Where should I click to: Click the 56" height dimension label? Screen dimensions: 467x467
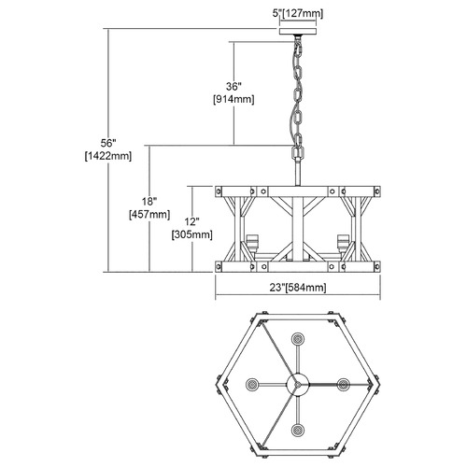point(108,143)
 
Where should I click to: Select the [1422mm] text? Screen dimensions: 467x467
point(108,156)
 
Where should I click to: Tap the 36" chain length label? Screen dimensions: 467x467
point(233,86)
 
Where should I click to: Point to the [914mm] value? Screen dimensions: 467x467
point(233,99)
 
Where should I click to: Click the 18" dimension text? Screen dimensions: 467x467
point(149,202)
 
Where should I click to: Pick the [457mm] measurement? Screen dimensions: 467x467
point(149,215)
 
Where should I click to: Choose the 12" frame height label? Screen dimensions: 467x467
point(191,221)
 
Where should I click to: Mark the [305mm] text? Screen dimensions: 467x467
point(191,234)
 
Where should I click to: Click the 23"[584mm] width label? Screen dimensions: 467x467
point(298,288)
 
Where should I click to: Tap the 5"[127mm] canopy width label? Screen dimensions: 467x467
point(298,14)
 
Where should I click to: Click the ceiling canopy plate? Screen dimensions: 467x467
point(298,32)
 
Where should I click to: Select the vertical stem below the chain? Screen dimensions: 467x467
point(298,172)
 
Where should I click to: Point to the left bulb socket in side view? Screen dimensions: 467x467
point(251,243)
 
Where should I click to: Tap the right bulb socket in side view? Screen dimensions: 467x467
point(343,243)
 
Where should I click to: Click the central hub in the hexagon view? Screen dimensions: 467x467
point(298,385)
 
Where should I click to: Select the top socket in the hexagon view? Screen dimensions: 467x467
point(298,338)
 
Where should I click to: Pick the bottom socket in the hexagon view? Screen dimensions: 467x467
point(298,431)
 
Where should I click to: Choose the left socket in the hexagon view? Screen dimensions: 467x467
point(252,385)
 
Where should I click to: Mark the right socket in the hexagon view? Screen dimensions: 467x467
point(344,385)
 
